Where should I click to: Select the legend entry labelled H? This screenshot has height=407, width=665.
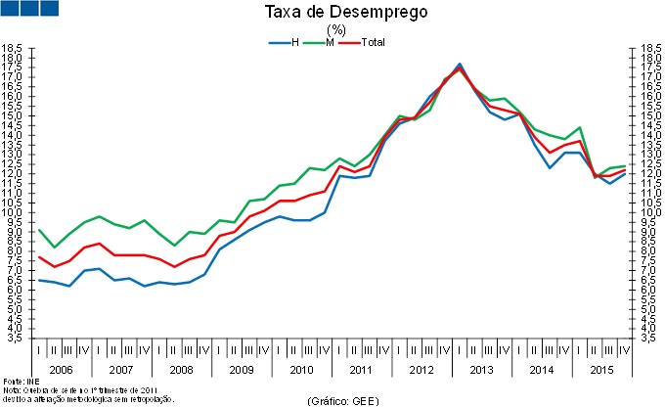(293, 42)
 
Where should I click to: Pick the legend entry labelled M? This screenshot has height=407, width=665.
(331, 42)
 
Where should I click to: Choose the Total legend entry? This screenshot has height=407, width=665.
(373, 42)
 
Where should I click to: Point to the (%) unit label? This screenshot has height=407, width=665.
(335, 29)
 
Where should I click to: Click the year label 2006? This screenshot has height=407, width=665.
(62, 370)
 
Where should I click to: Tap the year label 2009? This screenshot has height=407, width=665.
(241, 370)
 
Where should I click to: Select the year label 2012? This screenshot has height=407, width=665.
(421, 370)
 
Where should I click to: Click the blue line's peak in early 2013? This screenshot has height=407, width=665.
(459, 64)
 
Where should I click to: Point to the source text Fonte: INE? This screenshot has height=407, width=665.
(15, 381)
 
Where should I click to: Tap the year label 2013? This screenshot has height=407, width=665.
(480, 370)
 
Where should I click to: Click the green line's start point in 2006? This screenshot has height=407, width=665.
(39, 230)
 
